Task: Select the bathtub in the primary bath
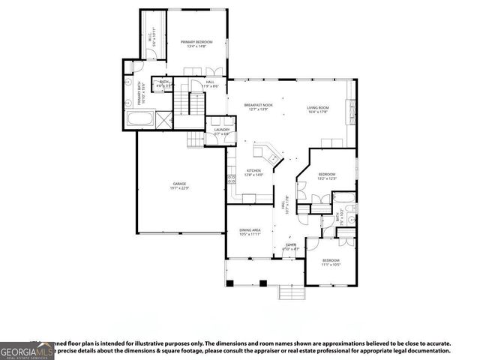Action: tap(140, 118)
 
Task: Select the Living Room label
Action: tap(318, 109)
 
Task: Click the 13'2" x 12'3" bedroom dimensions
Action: tap(326, 178)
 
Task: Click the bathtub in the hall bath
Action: tap(345, 199)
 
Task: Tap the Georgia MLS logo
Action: tap(27, 351)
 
